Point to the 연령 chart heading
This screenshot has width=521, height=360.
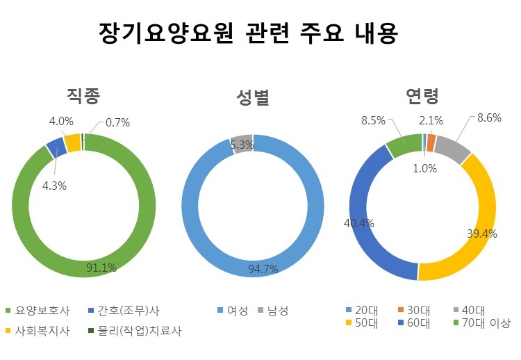point(422,96)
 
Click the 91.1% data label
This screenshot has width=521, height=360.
point(101,268)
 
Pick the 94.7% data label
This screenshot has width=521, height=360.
point(263,269)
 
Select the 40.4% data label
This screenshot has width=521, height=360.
point(359,223)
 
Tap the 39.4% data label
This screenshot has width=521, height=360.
point(482,234)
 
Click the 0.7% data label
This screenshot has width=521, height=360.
point(118,122)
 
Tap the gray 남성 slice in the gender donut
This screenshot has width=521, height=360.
point(241,142)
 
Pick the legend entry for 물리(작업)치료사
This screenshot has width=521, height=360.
point(135,331)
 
